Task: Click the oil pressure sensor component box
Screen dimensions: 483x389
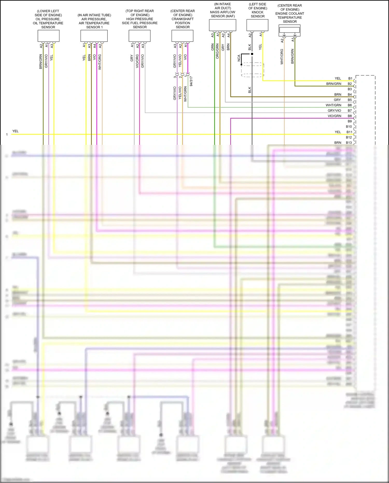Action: click(x=48, y=36)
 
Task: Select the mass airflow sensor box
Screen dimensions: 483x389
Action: click(x=223, y=25)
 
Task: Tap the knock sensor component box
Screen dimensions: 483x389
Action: click(x=257, y=25)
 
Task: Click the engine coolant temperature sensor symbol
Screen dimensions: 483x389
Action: click(x=289, y=30)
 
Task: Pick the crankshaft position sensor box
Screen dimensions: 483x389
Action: click(x=182, y=36)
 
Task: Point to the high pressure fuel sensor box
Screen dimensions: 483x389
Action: click(x=140, y=36)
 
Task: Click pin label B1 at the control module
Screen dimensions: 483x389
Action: click(x=350, y=78)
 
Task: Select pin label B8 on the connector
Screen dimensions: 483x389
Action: click(x=350, y=116)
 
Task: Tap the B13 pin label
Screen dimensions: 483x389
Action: click(x=349, y=143)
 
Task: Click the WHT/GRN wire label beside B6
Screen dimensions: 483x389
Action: click(x=334, y=105)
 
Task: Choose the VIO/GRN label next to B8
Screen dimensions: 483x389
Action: click(x=334, y=116)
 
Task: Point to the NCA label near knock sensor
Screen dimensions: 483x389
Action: click(x=239, y=58)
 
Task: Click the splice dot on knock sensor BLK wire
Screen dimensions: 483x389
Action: click(x=252, y=54)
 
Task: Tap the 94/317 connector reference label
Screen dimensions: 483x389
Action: click(x=191, y=81)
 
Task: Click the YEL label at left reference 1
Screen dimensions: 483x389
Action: click(x=16, y=131)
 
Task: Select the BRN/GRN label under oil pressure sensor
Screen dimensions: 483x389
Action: click(x=41, y=62)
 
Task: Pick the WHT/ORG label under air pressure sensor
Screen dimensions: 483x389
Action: click(x=100, y=62)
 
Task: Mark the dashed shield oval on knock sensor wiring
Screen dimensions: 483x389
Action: click(x=252, y=70)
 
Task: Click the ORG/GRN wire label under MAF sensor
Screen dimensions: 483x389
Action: click(x=217, y=51)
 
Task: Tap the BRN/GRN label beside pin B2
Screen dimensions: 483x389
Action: click(x=334, y=84)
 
